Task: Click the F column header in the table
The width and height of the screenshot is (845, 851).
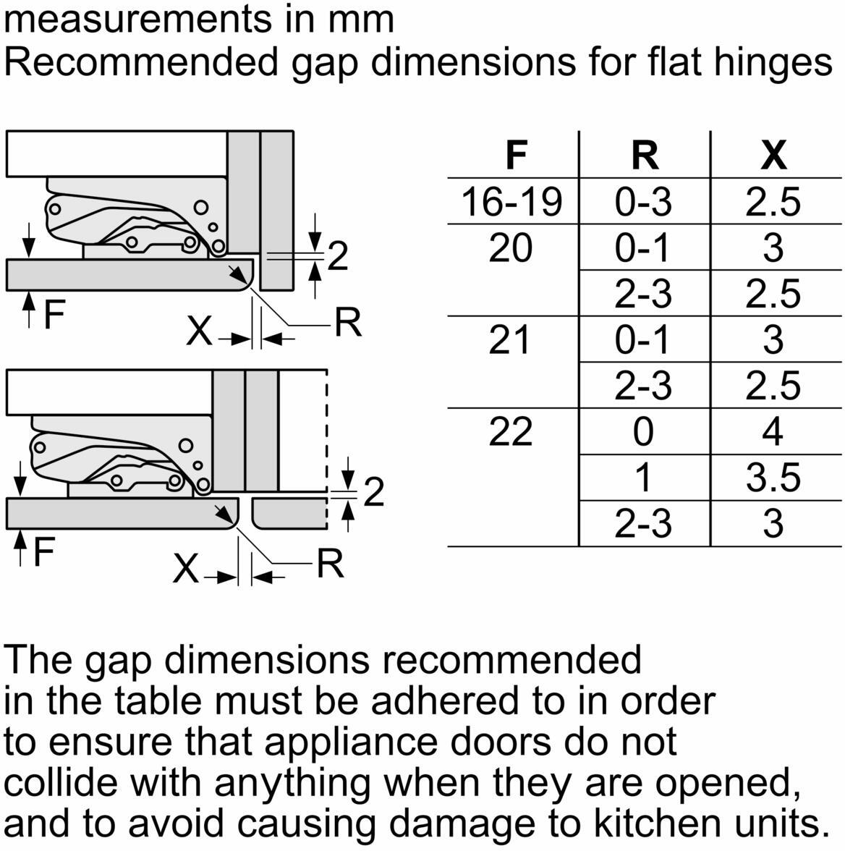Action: click(x=516, y=155)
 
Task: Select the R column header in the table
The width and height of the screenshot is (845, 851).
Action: click(x=645, y=155)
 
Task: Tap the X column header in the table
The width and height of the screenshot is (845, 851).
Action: click(x=773, y=155)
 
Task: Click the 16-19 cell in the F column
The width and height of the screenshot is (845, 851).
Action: click(x=511, y=201)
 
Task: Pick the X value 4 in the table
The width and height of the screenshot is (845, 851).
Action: click(x=773, y=431)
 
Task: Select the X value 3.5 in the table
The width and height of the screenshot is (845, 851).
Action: click(x=773, y=478)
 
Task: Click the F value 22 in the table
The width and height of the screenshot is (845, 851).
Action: click(x=510, y=431)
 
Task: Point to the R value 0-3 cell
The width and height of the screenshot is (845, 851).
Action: click(x=643, y=201)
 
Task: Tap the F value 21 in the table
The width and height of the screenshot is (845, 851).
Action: click(x=509, y=340)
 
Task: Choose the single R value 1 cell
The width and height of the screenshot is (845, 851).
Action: click(x=643, y=478)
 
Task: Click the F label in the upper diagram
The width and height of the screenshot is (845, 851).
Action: click(x=54, y=315)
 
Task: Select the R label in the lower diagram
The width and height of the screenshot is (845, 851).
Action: click(x=330, y=564)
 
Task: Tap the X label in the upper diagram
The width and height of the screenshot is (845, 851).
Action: click(x=199, y=331)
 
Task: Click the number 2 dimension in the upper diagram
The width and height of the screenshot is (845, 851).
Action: click(x=338, y=256)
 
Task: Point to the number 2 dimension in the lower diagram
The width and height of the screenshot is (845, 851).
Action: click(x=374, y=492)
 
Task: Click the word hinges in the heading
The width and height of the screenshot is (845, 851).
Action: click(x=773, y=62)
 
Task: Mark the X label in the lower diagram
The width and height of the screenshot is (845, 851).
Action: click(x=186, y=570)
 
